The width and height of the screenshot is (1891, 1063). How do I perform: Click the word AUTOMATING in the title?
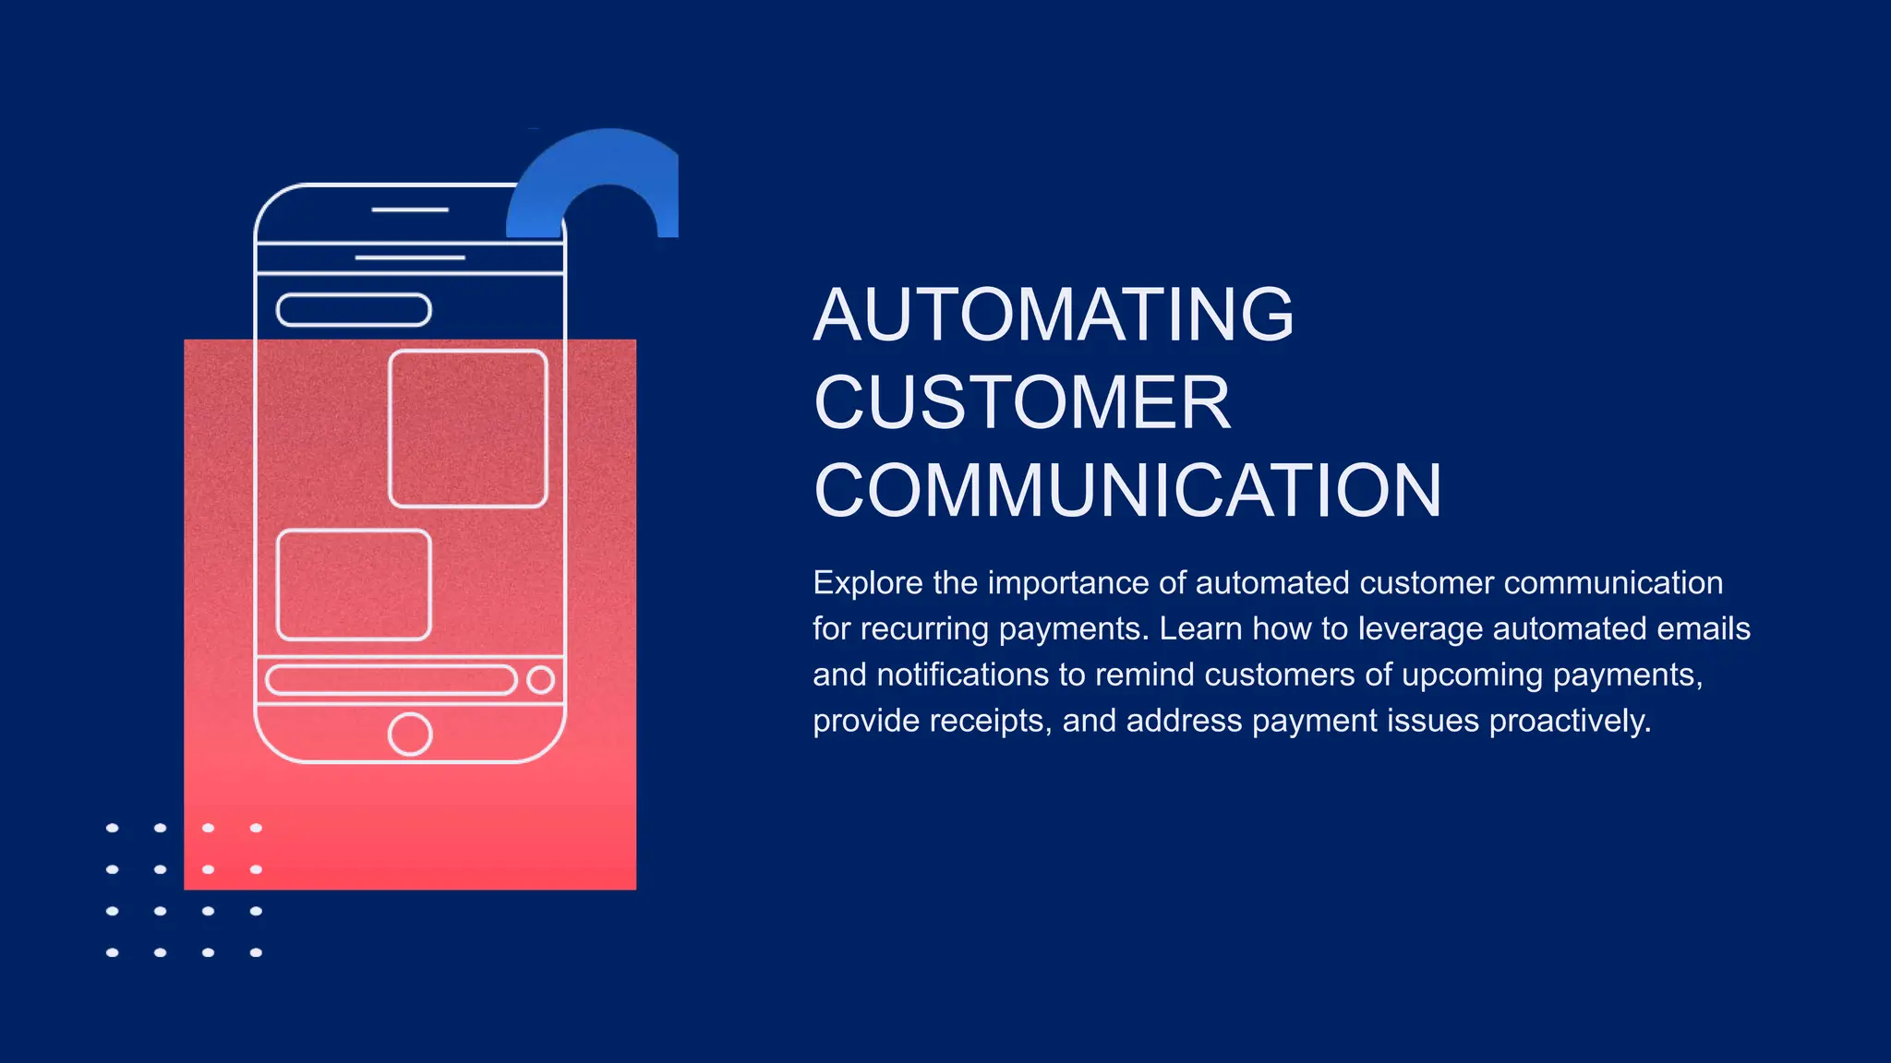pyautogui.click(x=1054, y=315)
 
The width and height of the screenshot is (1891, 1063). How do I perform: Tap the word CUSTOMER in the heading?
pyautogui.click(x=1022, y=402)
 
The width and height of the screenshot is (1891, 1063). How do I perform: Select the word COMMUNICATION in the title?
pyautogui.click(x=1127, y=490)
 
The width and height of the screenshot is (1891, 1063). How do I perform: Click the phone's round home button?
pyautogui.click(x=410, y=735)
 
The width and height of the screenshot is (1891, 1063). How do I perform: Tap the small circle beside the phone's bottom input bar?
pyautogui.click(x=540, y=680)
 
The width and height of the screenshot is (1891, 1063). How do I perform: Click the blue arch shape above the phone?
pyautogui.click(x=600, y=166)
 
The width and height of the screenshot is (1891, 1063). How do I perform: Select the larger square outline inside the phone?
pyautogui.click(x=468, y=428)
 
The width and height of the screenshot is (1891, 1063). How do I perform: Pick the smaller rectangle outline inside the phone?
pyautogui.click(x=354, y=585)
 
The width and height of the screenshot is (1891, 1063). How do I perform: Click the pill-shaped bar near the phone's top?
pyautogui.click(x=354, y=310)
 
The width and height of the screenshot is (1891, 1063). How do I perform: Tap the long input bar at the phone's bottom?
pyautogui.click(x=391, y=680)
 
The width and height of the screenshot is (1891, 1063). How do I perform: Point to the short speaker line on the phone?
pyautogui.click(x=410, y=210)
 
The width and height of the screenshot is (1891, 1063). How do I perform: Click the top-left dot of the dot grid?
pyautogui.click(x=113, y=828)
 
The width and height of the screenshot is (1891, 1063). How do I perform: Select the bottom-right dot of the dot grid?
pyautogui.click(x=256, y=952)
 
